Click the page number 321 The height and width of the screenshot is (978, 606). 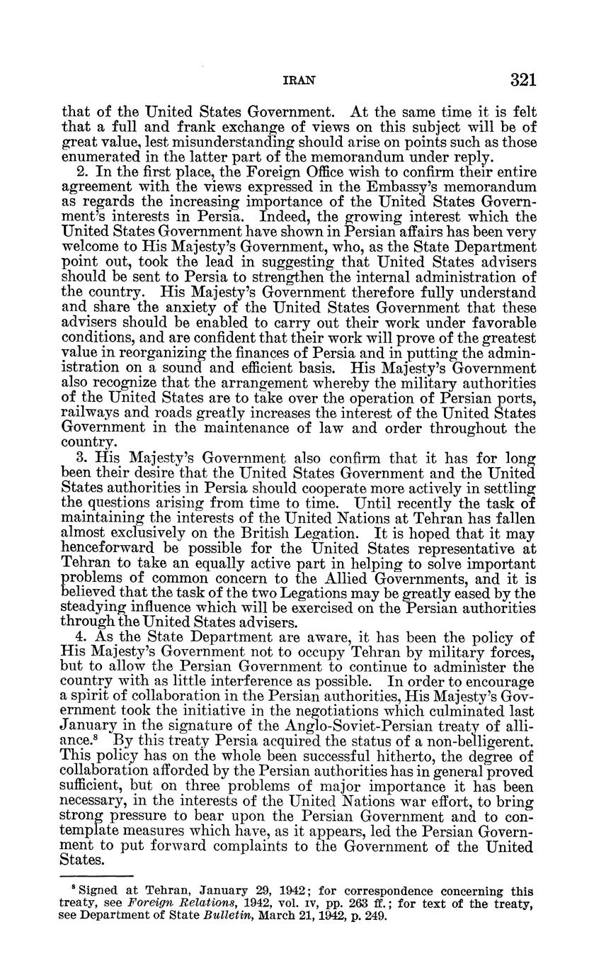[522, 80]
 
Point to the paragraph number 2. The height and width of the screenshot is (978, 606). [79, 173]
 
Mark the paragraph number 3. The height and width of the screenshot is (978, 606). [79, 458]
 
